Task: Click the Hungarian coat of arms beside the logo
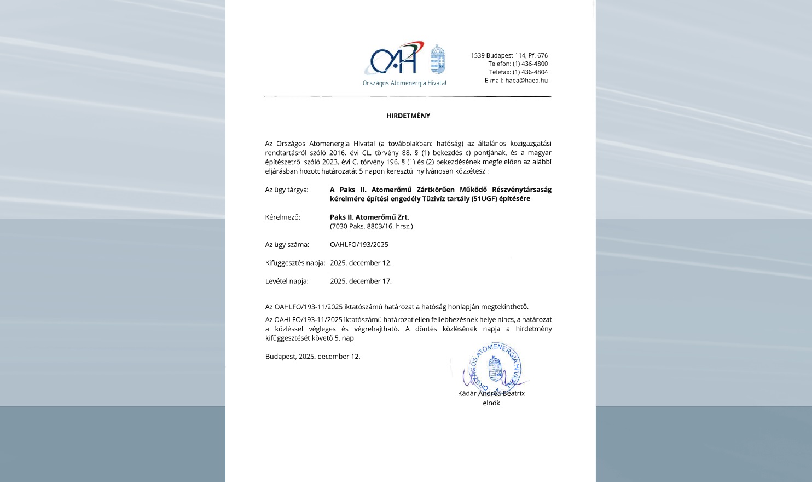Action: [x=438, y=59]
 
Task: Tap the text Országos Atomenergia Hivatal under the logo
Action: [x=404, y=83]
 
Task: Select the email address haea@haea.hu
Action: [x=526, y=81]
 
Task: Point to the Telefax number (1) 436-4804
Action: [x=530, y=72]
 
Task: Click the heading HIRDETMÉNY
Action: [x=408, y=116]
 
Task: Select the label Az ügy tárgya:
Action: [x=287, y=190]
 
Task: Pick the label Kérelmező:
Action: [x=282, y=217]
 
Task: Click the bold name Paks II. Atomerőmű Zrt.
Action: [x=369, y=217]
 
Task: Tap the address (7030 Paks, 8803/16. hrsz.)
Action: [x=371, y=226]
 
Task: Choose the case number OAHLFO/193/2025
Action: [x=359, y=245]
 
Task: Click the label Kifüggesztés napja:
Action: [x=295, y=263]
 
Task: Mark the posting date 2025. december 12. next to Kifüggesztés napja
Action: [x=361, y=263]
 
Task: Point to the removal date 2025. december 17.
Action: [x=361, y=282]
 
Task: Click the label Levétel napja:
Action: [x=287, y=282]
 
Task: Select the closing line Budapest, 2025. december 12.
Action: [x=312, y=357]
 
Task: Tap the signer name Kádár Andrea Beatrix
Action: [x=491, y=393]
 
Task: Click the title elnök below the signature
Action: [x=491, y=403]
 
